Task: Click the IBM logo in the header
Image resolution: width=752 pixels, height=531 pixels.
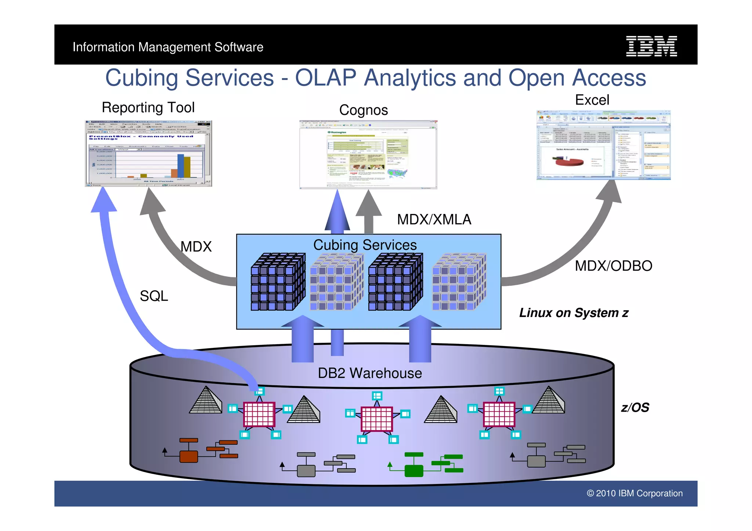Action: (651, 46)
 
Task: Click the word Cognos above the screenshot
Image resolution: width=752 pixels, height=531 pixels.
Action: (363, 110)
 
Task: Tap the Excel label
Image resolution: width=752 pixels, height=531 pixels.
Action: (592, 100)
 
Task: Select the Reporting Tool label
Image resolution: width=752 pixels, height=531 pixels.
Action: (148, 108)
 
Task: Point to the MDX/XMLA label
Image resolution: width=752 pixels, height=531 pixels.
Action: (434, 219)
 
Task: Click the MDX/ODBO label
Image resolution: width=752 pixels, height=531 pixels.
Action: (613, 266)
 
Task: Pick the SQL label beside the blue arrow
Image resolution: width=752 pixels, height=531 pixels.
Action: (153, 296)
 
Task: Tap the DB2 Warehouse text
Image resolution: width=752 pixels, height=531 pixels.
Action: (370, 373)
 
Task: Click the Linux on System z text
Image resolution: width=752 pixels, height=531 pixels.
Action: (574, 313)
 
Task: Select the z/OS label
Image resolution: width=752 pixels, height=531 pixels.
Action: (635, 407)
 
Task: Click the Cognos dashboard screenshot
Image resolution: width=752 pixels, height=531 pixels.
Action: (368, 154)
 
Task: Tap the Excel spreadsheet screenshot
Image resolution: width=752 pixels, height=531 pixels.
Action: (603, 145)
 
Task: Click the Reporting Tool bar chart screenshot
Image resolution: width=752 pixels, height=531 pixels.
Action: (148, 153)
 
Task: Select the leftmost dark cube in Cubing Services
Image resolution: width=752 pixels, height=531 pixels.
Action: (278, 282)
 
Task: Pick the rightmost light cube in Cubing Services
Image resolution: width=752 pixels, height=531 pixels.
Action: (459, 282)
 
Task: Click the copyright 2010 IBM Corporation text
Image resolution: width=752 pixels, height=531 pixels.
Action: (634, 493)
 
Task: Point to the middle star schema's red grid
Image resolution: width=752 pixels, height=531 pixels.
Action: (377, 419)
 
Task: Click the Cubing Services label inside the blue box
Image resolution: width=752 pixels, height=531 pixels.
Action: (365, 245)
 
